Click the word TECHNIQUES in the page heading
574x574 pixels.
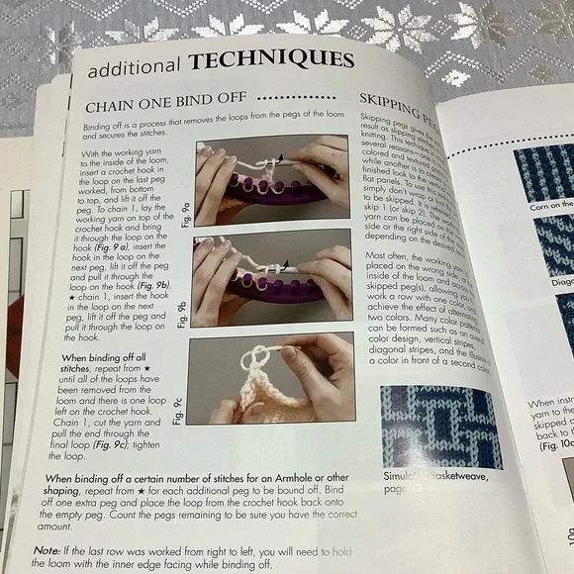(x=272, y=61)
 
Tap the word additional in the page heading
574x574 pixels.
(x=135, y=70)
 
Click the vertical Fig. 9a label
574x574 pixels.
(x=186, y=212)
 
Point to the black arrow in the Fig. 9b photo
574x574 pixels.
(x=287, y=265)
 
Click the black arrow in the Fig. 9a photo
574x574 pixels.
(x=281, y=158)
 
